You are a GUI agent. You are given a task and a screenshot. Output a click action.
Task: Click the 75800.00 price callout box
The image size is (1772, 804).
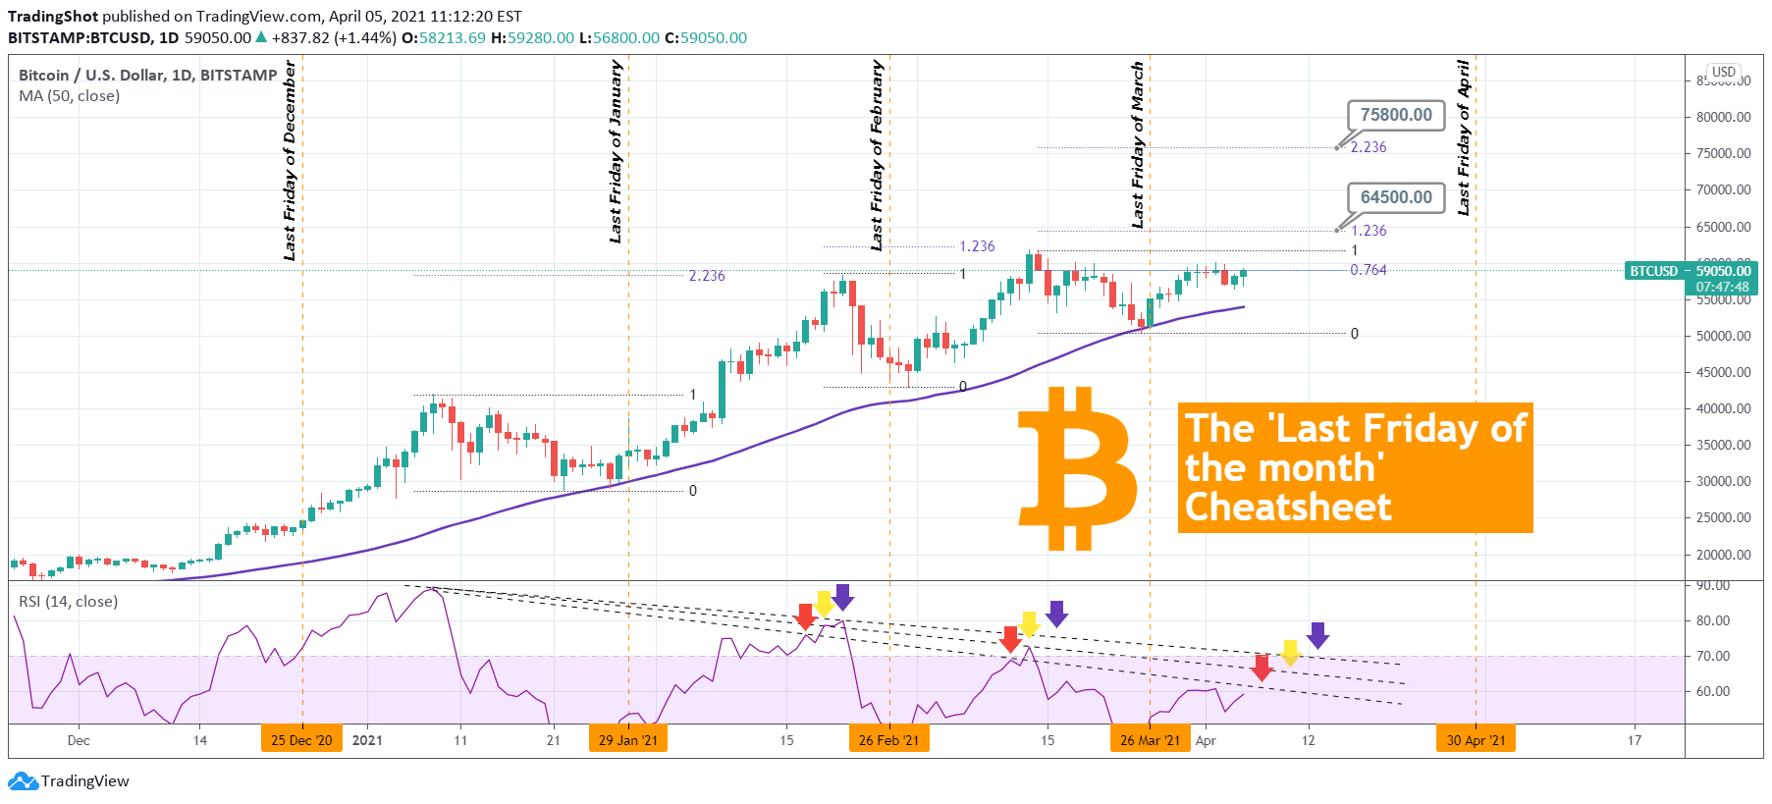(1396, 115)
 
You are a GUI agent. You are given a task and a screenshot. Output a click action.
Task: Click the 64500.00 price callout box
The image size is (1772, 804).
(1396, 197)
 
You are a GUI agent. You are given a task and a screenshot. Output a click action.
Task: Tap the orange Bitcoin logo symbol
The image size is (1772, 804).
(1078, 467)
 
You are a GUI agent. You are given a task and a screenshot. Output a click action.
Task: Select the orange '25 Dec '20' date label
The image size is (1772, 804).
(301, 740)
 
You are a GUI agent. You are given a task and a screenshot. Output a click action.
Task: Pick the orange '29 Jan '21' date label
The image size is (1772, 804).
(628, 740)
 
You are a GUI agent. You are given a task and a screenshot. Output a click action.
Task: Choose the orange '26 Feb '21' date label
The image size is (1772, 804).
(888, 740)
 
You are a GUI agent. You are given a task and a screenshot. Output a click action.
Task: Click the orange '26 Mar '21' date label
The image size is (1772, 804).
(1150, 740)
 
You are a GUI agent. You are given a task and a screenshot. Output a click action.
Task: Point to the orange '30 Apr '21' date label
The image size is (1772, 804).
(1476, 740)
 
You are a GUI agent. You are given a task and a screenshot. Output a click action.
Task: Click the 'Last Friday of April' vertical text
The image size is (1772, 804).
(1464, 137)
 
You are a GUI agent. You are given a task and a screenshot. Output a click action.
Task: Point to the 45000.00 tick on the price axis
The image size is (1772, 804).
(1723, 372)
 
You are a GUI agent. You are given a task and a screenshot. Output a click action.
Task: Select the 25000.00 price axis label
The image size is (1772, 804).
(1723, 517)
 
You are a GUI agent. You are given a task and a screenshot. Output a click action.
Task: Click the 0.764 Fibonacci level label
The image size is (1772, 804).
(1368, 270)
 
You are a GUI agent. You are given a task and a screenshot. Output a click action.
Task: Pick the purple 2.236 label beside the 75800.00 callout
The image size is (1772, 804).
(1369, 147)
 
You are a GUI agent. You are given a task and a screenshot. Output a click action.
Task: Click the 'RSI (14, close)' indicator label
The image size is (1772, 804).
(68, 601)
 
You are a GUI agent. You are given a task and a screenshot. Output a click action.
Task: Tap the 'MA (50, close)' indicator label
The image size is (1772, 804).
(69, 96)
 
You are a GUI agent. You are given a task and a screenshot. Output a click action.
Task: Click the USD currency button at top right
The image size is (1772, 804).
(1724, 72)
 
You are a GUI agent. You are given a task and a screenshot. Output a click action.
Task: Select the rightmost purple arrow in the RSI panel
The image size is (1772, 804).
(1317, 635)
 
